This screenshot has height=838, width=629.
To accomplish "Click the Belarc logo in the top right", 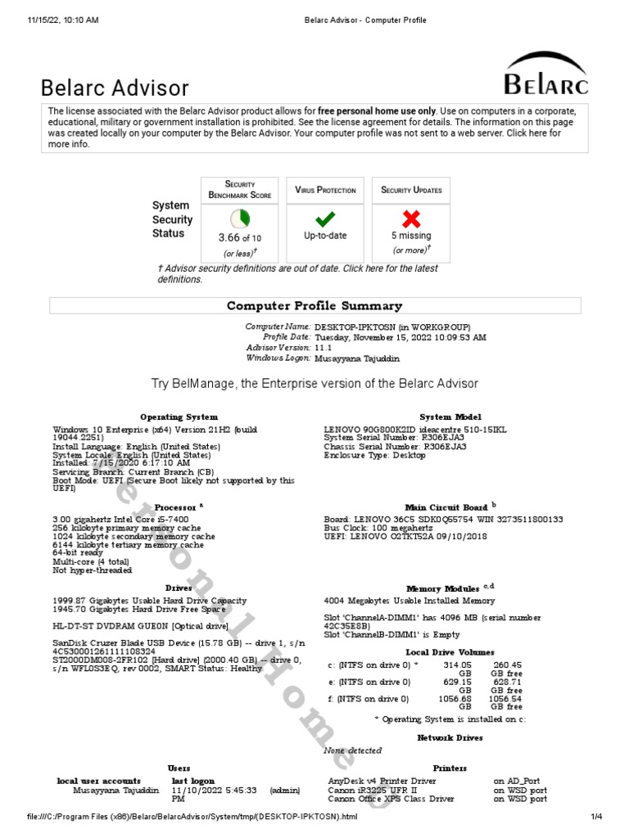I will coord(545,74).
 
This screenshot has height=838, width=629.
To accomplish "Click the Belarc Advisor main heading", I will coord(115,88).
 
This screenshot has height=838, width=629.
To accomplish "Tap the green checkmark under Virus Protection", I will coord(325,219).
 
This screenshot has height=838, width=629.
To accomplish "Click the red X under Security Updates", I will coord(410,219).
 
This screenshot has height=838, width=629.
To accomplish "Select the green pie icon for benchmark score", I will coord(240,219).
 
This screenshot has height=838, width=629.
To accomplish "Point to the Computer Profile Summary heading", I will coord(314,306).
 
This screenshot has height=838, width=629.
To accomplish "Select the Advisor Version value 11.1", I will coord(323,348).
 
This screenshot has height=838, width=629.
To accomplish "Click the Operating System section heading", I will coord(179,417).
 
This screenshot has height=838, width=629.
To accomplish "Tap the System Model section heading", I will coord(450,417).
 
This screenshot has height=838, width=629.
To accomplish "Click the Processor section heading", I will coord(175,507).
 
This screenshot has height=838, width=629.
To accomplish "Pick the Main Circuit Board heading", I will coord(446,507).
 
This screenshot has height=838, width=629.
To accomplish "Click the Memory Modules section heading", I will coord(446,588).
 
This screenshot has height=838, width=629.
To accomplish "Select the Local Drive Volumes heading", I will coord(450,652).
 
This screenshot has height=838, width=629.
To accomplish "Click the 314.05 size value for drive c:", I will coord(457,665).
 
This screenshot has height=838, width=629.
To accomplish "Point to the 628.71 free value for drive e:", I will coord(506,682).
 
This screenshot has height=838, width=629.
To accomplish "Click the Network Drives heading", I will coord(450,737).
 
